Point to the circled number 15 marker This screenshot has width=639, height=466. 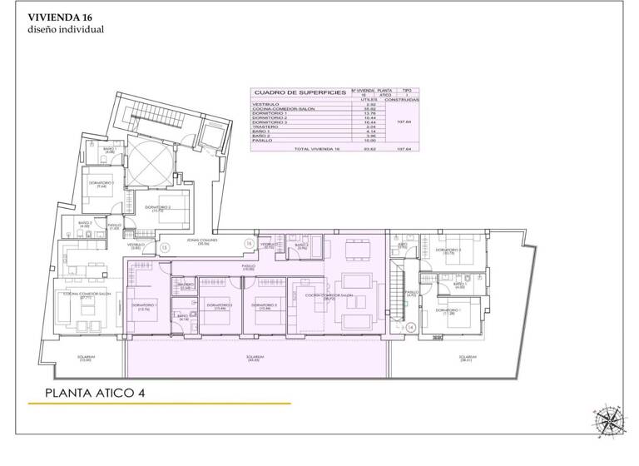click(165, 247)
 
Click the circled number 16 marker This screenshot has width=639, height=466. click(248, 242)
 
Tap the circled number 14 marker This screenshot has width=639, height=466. click(411, 327)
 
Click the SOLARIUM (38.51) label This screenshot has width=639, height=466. click(468, 359)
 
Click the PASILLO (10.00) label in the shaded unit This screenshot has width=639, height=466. click(247, 268)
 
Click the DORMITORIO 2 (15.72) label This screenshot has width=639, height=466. click(158, 207)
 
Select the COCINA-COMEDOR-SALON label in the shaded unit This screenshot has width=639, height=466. click(329, 296)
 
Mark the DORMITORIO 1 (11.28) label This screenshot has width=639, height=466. click(453, 312)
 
